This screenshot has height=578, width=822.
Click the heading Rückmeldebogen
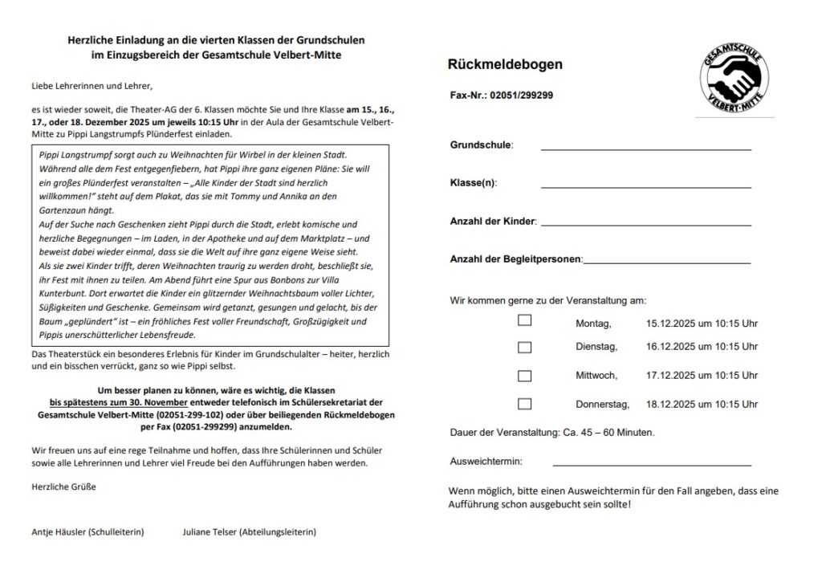[x=505, y=65]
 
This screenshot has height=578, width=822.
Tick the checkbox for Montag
[x=524, y=320]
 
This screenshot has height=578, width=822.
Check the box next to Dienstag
[x=524, y=347]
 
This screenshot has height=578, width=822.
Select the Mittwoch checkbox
[x=524, y=375]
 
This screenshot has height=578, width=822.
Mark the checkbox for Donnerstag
[x=524, y=403]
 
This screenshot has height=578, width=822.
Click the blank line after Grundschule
[x=645, y=149]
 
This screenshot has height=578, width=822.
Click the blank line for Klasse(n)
[x=645, y=186]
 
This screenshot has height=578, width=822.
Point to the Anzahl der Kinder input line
[x=645, y=224]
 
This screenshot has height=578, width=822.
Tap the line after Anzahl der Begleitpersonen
[x=667, y=262]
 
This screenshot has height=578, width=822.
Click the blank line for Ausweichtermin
[x=651, y=465]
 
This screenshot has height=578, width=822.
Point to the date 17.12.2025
[x=671, y=375]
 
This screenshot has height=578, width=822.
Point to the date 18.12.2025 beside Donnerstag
[x=671, y=404]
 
